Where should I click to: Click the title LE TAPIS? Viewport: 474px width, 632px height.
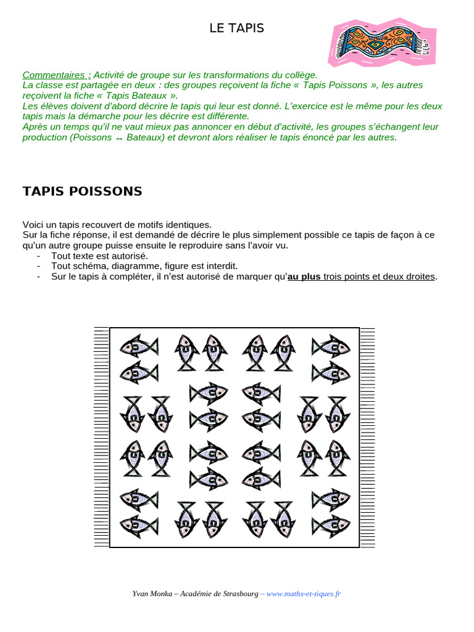[x=236, y=28]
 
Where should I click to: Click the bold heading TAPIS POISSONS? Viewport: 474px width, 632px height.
[x=82, y=191]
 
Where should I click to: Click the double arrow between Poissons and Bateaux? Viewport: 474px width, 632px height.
[x=118, y=138]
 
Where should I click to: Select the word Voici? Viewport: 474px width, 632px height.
[x=34, y=225]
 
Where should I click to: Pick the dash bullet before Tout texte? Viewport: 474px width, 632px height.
[x=39, y=256]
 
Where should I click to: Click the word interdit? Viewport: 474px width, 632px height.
[x=220, y=266]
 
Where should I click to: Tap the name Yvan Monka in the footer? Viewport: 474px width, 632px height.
[x=152, y=594]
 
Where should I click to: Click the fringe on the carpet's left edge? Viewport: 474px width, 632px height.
[x=101, y=437]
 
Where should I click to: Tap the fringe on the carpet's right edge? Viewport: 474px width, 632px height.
[x=367, y=437]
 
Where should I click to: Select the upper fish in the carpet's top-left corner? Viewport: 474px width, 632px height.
[x=138, y=346]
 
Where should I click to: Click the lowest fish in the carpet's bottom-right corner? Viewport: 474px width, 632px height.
[x=331, y=525]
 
